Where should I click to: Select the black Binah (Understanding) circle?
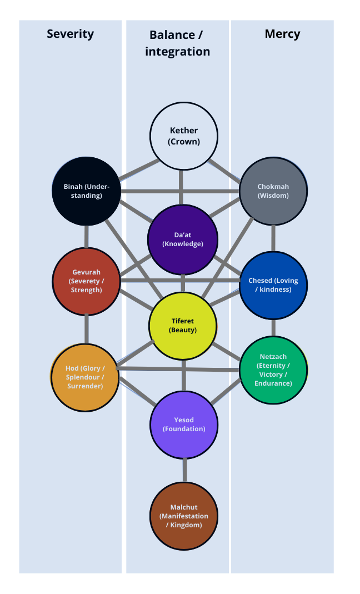pyautogui.click(x=86, y=191)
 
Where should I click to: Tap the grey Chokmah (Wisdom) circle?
pyautogui.click(x=273, y=191)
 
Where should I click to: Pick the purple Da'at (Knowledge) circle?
pyautogui.click(x=182, y=238)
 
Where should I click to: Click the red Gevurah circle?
pyautogui.click(x=86, y=281)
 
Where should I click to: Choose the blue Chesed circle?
pyautogui.click(x=273, y=285)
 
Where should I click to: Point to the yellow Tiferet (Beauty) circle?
pyautogui.click(x=183, y=326)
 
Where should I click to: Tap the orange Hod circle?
pyautogui.click(x=84, y=377)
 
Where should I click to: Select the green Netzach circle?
pyautogui.click(x=273, y=370)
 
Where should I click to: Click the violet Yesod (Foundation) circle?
pyautogui.click(x=184, y=424)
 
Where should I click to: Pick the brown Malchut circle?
pyautogui.click(x=184, y=516)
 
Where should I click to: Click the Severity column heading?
pyautogui.click(x=70, y=33)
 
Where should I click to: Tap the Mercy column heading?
pyautogui.click(x=282, y=33)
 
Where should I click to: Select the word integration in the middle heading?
pyautogui.click(x=178, y=52)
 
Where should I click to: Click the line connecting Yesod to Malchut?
pyautogui.click(x=184, y=470)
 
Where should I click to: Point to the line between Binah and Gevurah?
pyautogui.click(x=87, y=236)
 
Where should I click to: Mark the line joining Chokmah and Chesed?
pyautogui.click(x=273, y=238)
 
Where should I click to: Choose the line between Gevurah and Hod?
pyautogui.click(x=87, y=328)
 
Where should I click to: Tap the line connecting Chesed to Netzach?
pyautogui.click(x=273, y=328)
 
